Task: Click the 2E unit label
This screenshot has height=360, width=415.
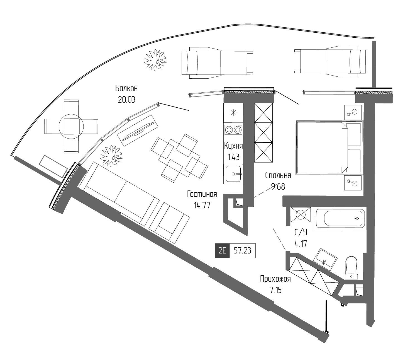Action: click(222, 251)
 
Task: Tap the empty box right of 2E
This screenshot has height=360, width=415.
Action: click(243, 251)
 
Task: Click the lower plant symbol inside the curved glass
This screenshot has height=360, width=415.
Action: click(109, 156)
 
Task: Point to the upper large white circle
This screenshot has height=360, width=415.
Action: click(354, 112)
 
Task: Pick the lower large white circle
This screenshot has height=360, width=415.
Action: click(354, 183)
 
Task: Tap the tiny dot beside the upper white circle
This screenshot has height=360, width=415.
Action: click(349, 114)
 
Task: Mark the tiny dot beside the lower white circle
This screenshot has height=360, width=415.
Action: click(349, 181)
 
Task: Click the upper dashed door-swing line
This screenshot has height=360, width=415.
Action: click(267, 190)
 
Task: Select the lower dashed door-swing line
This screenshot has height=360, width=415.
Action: click(279, 239)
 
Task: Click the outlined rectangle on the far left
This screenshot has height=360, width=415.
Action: click(53, 166)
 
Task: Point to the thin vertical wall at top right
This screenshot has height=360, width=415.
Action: click(374, 64)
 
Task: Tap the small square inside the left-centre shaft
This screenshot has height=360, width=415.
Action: click(239, 202)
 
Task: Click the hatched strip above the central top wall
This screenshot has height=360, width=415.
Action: click(249, 92)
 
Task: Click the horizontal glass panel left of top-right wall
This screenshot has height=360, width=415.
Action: click(329, 93)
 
